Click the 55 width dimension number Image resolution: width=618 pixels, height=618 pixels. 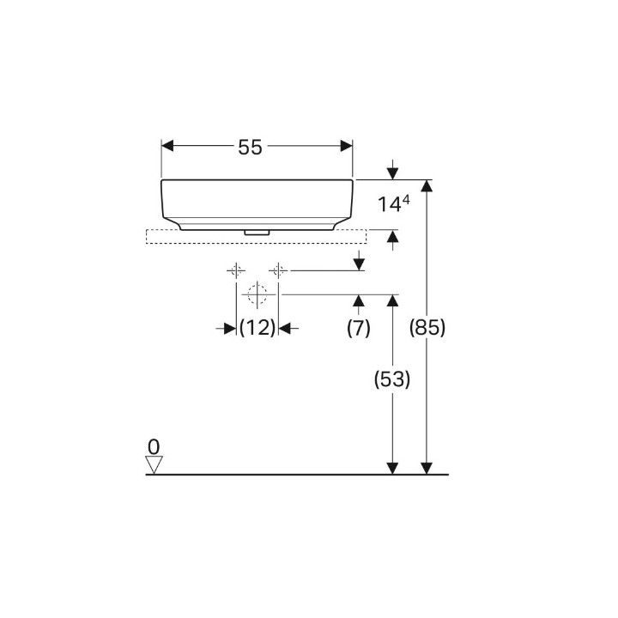tap(250, 148)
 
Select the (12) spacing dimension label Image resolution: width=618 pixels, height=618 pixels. tap(257, 328)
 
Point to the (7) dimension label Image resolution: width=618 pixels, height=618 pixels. tap(358, 328)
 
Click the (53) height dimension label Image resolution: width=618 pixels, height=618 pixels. tap(392, 379)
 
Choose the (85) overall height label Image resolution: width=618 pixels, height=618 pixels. tap(427, 328)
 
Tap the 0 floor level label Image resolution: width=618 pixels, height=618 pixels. tap(154, 447)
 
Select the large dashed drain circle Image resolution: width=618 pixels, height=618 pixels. tap(257, 294)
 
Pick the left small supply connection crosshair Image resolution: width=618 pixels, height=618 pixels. tap(236, 270)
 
